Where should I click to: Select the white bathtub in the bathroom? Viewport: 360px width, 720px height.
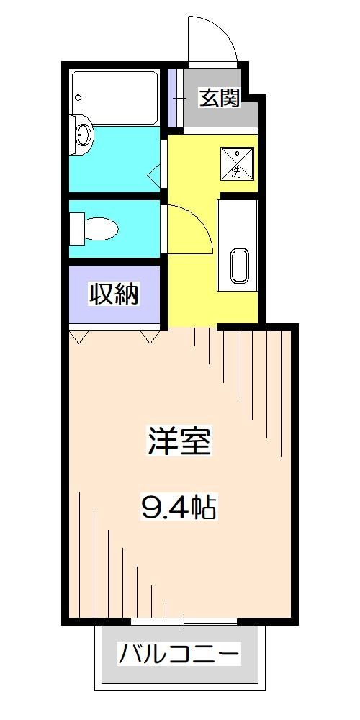(115, 96)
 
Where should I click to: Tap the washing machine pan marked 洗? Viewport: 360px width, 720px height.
(236, 162)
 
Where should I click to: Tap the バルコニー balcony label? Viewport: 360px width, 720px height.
(179, 656)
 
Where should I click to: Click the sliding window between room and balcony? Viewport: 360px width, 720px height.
(184, 621)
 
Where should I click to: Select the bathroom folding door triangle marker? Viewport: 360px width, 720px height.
(153, 175)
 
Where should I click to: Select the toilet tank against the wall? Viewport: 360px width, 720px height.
(76, 229)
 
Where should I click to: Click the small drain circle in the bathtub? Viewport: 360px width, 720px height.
(78, 97)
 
